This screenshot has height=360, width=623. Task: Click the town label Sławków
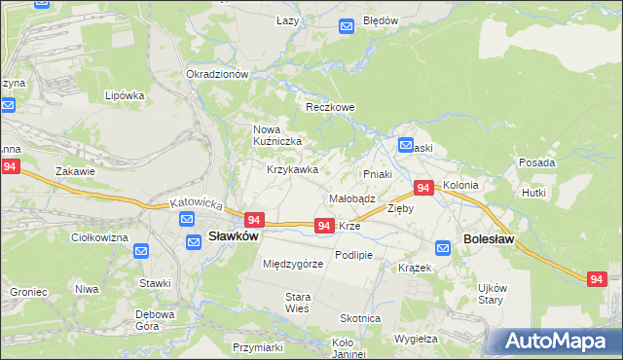pos(234,235)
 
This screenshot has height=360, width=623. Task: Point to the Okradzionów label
pos(218,74)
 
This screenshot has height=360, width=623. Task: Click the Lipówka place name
pos(125,95)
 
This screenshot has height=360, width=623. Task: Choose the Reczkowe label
pos(331,107)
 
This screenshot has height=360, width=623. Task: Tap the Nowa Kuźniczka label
pos(277,135)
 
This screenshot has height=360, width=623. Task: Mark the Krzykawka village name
pos(293,169)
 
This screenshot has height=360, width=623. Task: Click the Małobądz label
pos(352,198)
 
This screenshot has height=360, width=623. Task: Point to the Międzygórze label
pos(293,264)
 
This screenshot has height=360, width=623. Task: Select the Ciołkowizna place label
pos(101,236)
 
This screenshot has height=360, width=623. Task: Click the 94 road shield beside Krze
pos(325,225)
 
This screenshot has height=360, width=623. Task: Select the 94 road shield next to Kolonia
pos(423,187)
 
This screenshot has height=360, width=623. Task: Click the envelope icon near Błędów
pos(347,27)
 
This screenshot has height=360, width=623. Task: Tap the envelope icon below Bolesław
pos(444,248)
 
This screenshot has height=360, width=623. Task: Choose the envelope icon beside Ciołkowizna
pos(141,251)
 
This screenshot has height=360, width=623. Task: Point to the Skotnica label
pos(360,318)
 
